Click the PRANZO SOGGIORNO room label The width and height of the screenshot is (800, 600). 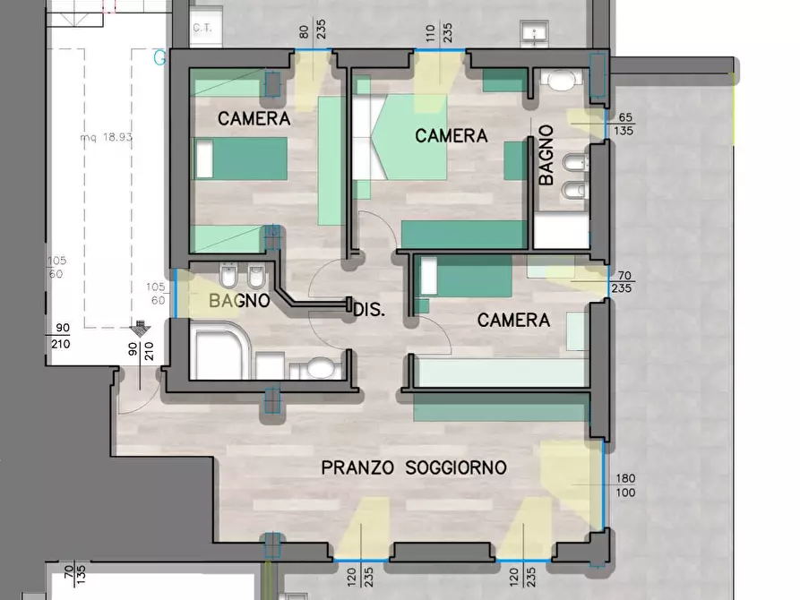(414, 467)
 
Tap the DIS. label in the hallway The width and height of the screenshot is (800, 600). (369, 311)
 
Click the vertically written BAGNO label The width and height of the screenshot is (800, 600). (546, 155)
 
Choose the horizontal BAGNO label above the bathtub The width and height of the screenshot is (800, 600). (239, 301)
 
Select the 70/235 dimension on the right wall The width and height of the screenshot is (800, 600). (622, 281)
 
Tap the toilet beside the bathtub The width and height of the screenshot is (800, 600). (318, 367)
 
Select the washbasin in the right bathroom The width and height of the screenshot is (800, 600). (559, 82)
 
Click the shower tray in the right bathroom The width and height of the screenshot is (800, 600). (562, 230)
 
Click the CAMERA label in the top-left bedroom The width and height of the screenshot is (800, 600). (254, 118)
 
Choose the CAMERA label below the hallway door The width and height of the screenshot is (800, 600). (513, 320)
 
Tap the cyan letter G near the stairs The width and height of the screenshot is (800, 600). (159, 58)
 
